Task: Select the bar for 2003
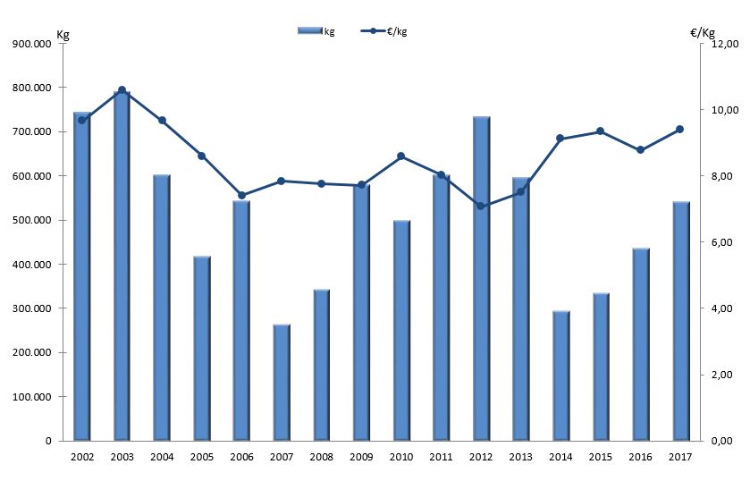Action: [122, 268]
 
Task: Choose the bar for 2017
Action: [680, 322]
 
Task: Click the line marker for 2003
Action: [122, 90]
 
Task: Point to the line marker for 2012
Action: [481, 207]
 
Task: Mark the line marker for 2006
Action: [241, 195]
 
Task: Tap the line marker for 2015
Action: [601, 131]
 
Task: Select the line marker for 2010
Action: [401, 156]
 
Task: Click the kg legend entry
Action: [316, 31]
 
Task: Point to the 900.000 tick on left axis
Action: [29, 43]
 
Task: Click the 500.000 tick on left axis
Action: [29, 220]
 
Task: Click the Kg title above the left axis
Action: [63, 34]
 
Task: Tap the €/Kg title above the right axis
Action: [703, 33]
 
